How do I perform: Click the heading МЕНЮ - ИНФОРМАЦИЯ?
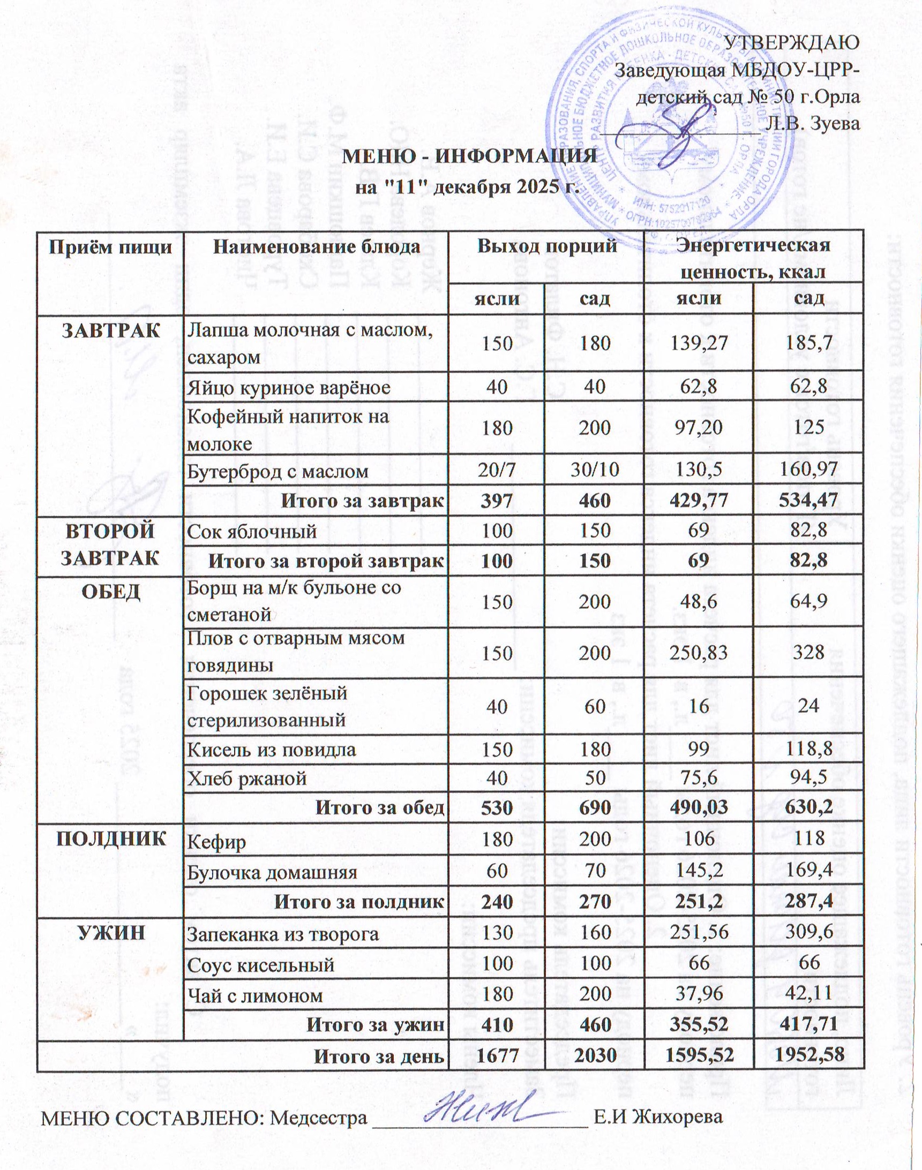coord(470,157)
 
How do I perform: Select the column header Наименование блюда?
coord(317,247)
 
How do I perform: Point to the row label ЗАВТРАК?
coord(111,330)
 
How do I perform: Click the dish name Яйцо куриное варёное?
coord(288,387)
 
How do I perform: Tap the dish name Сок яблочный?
coord(251,531)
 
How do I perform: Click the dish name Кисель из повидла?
coord(271,749)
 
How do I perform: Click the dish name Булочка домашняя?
coord(272,872)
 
